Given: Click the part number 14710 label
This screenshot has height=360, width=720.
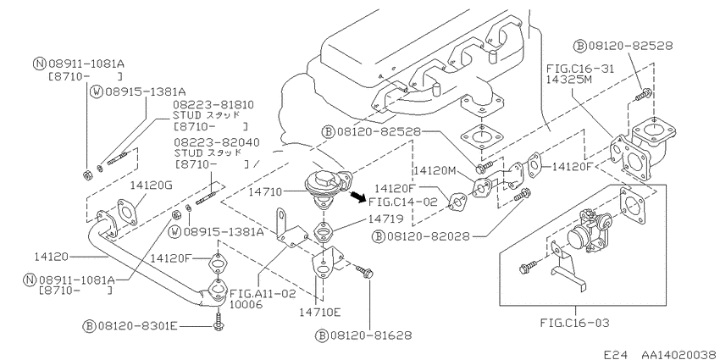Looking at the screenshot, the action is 266,191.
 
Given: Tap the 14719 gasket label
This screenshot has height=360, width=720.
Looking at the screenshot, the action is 385,219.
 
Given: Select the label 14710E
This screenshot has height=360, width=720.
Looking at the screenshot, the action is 319,313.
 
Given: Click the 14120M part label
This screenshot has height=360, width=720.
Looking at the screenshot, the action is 435,171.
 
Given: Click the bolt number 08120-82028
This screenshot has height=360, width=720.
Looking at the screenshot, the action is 429,236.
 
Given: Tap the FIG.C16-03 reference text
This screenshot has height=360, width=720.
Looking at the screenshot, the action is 574,323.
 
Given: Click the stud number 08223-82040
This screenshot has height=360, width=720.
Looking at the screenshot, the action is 216,142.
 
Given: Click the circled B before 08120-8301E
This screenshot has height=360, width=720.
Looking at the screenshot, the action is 88,326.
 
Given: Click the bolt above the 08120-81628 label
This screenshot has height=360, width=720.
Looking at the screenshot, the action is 365,272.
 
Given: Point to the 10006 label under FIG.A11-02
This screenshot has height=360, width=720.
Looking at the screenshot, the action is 245,304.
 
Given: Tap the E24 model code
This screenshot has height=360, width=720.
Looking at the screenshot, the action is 615,355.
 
